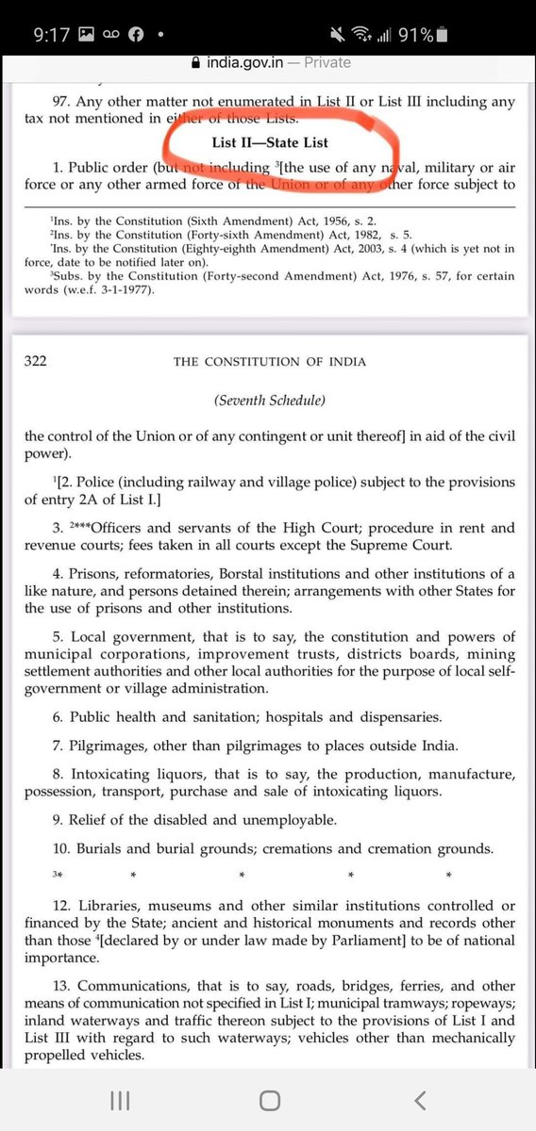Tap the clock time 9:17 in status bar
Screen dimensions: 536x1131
coord(53,35)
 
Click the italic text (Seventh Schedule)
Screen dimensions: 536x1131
coord(269,401)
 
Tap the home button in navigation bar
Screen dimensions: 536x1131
coord(269,1101)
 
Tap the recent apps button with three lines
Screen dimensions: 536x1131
coord(119,1101)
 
